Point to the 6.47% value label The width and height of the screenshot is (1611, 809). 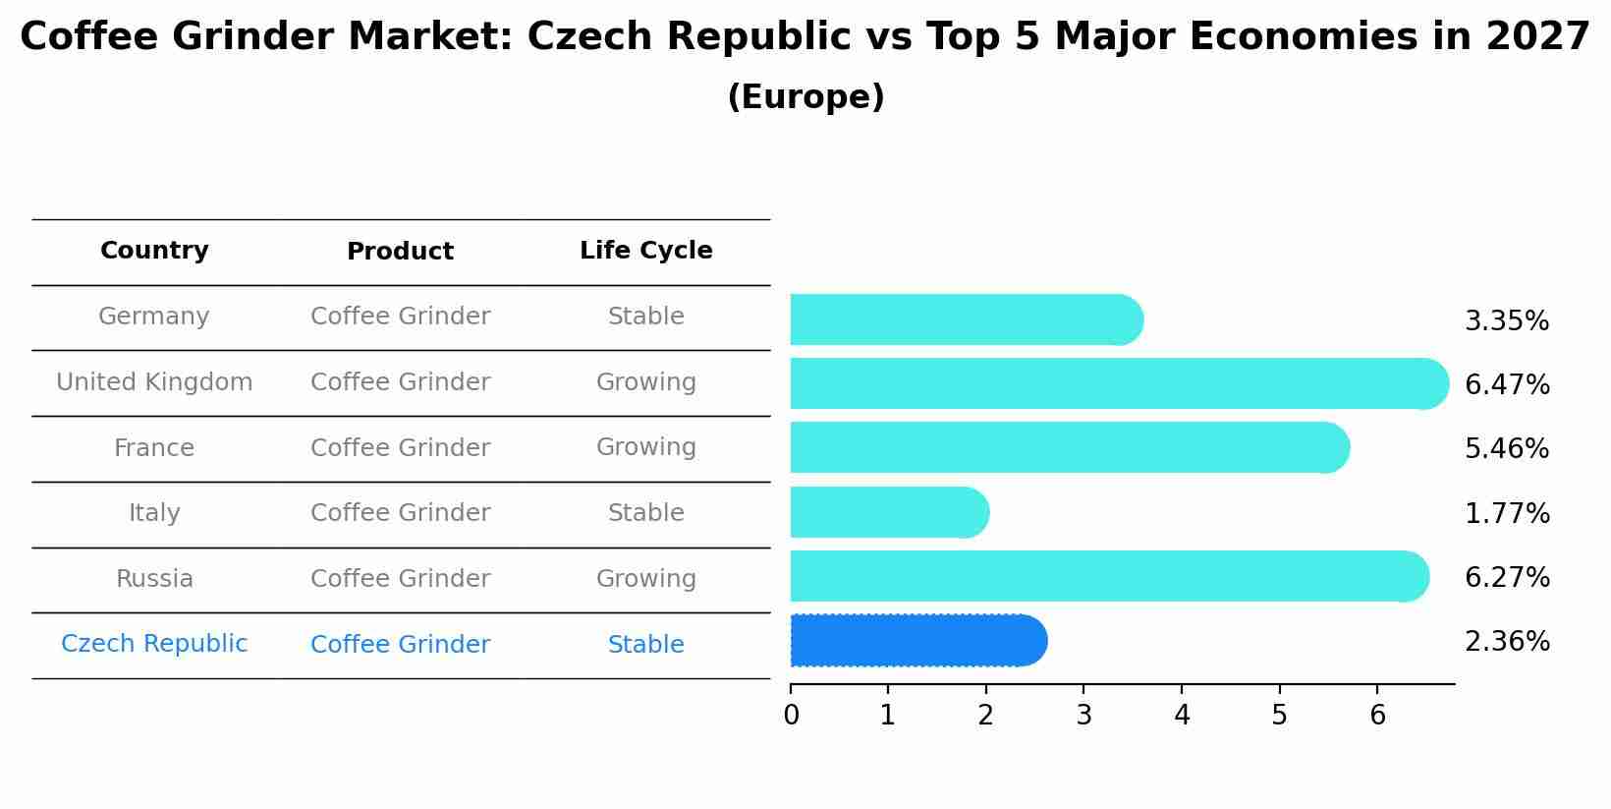click(x=1506, y=384)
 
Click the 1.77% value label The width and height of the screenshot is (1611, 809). click(x=1506, y=513)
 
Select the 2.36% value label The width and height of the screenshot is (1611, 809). click(x=1506, y=642)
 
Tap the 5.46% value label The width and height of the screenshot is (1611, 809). click(x=1506, y=448)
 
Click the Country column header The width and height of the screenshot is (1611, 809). click(x=154, y=251)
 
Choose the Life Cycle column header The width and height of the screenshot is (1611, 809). click(x=645, y=251)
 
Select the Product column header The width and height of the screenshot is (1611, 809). click(x=400, y=252)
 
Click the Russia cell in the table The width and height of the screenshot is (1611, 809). click(x=154, y=579)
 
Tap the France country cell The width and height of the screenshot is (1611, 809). click(x=154, y=448)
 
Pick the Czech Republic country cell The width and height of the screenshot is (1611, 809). click(x=154, y=644)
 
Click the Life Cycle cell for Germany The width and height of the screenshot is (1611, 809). click(x=645, y=317)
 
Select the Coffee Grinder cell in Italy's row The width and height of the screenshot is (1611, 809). click(x=400, y=513)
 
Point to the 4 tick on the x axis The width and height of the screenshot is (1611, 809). click(x=1182, y=716)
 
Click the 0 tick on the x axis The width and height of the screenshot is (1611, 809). click(x=791, y=716)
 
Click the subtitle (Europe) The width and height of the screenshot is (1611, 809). click(x=805, y=97)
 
